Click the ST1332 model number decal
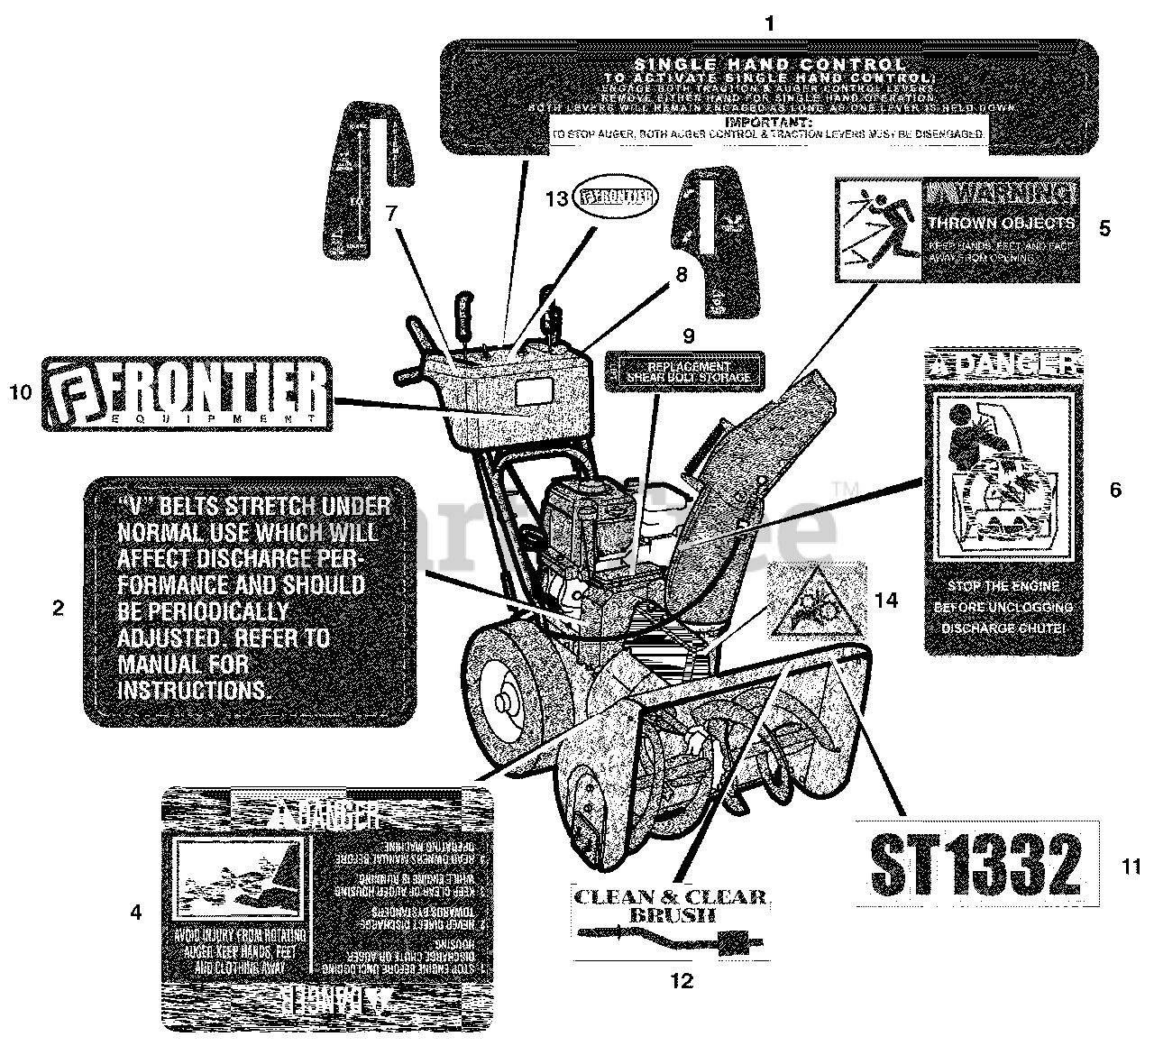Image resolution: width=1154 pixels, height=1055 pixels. coord(975,864)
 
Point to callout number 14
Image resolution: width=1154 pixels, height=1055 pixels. coord(887,599)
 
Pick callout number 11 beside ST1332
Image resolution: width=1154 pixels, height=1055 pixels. coord(1132,867)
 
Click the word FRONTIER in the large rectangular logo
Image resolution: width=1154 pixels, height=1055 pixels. coord(201,390)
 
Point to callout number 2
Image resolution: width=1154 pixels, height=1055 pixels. coord(59,608)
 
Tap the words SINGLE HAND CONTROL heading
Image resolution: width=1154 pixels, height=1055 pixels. coord(769,64)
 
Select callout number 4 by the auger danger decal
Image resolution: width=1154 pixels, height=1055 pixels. coord(135,913)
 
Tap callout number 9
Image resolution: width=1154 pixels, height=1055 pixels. coord(688,335)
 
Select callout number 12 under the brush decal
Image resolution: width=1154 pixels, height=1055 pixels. coord(682,981)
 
